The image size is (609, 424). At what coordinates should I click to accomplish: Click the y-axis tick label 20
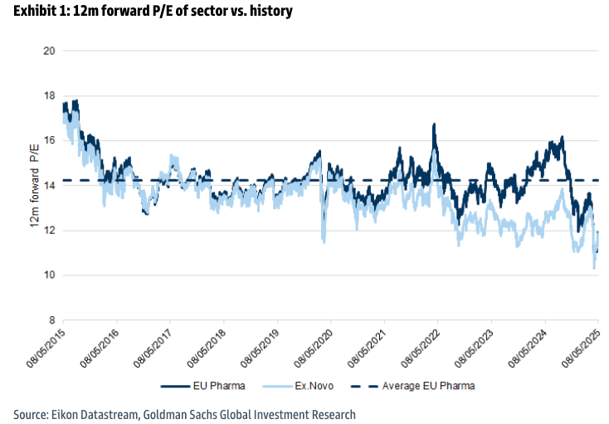pyautogui.click(x=49, y=51)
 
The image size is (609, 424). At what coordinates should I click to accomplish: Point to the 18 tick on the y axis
pyautogui.click(x=49, y=95)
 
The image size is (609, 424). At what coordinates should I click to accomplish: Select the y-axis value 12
pyautogui.click(x=49, y=231)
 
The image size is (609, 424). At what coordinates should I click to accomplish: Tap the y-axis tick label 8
pyautogui.click(x=51, y=320)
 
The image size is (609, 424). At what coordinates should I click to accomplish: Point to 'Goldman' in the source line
pyautogui.click(x=176, y=413)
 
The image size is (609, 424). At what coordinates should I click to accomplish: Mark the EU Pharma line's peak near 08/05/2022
pyautogui.click(x=433, y=124)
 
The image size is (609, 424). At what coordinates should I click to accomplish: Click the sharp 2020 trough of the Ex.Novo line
pyautogui.click(x=323, y=242)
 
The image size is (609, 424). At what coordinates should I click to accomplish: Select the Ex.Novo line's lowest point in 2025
pyautogui.click(x=594, y=267)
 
